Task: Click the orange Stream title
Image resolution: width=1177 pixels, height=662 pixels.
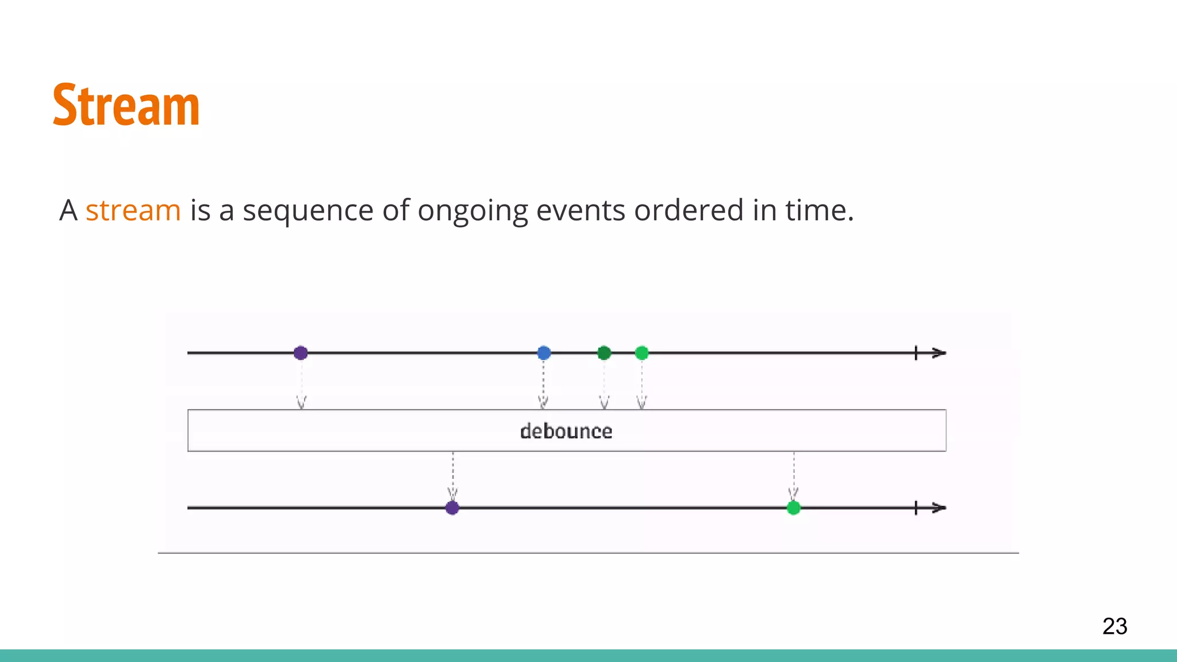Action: [x=126, y=105]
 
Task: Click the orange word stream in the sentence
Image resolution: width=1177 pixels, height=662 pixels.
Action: [x=133, y=210]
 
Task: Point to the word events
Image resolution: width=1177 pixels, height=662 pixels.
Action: [x=580, y=210]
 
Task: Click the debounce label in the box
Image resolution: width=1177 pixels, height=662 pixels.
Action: [x=566, y=431]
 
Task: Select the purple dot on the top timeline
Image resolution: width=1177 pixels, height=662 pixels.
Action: [x=301, y=353]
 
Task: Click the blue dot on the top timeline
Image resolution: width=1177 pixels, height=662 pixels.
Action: [x=544, y=353]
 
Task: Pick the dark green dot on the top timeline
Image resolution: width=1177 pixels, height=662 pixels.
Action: [x=604, y=353]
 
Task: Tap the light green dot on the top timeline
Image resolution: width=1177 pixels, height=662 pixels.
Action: [x=642, y=353]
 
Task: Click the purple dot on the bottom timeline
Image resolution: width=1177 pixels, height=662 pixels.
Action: [x=452, y=508]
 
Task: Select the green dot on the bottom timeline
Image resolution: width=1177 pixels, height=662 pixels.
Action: [x=794, y=508]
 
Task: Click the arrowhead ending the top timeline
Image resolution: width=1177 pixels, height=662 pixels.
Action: [x=939, y=353]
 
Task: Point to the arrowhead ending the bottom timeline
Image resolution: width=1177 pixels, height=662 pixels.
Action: [x=939, y=508]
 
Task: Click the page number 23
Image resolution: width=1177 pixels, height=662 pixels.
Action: [x=1114, y=626]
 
